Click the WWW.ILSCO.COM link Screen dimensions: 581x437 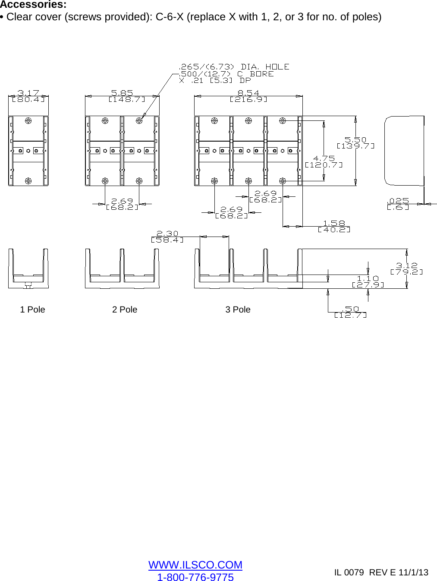[195, 565]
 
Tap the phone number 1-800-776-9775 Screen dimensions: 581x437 [195, 577]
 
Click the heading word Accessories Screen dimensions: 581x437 [33, 5]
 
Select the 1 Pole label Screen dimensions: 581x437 [32, 309]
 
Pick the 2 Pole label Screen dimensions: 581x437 [125, 309]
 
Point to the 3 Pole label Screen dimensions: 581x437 [238, 309]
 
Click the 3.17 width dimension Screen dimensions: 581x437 [28, 93]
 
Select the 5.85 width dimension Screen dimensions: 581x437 [122, 93]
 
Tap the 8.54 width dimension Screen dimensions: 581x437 [248, 93]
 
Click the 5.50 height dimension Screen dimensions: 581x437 [355, 140]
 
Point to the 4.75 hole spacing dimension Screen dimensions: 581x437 [324, 158]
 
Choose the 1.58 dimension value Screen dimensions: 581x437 [334, 223]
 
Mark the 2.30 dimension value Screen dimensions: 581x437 [167, 234]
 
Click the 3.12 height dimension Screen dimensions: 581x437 [406, 265]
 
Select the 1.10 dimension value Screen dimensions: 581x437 [368, 278]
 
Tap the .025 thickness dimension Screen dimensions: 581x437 [398, 201]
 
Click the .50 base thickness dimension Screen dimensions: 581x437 [350, 309]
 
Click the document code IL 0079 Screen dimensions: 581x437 [349, 572]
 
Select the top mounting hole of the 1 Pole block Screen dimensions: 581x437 [28, 121]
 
